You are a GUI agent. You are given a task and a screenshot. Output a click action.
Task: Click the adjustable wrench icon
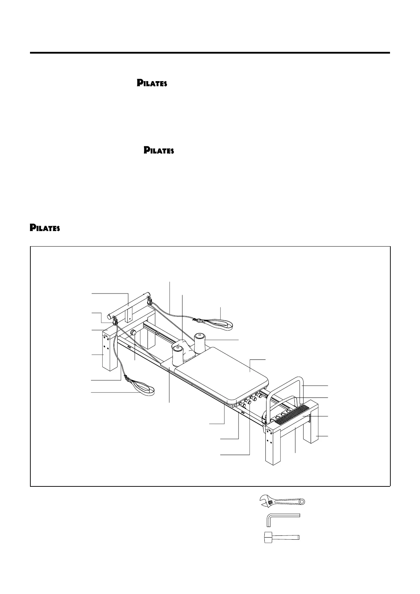tap(282, 501)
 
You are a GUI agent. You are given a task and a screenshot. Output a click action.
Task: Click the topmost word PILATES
tap(152, 84)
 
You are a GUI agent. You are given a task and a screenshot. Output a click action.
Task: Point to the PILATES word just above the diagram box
tap(45, 228)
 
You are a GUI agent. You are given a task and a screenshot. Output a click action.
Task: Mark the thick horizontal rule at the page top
tap(210, 53)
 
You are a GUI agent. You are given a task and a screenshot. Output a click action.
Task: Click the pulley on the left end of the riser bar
tap(115, 321)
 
